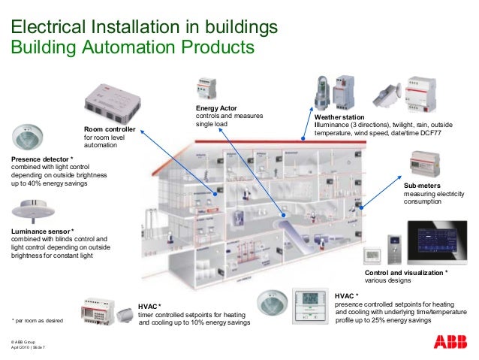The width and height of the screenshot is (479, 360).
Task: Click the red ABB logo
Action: pos(450,342)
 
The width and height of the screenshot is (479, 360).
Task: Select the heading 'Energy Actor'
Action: pos(215,109)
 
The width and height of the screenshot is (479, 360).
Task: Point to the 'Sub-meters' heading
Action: pos(422,184)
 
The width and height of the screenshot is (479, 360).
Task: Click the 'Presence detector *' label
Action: pos(42,159)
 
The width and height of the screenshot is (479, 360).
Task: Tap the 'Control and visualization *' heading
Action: pos(406,272)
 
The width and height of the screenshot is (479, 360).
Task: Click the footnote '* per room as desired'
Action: pos(38,320)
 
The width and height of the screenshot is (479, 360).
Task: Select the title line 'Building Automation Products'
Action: pos(132,47)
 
